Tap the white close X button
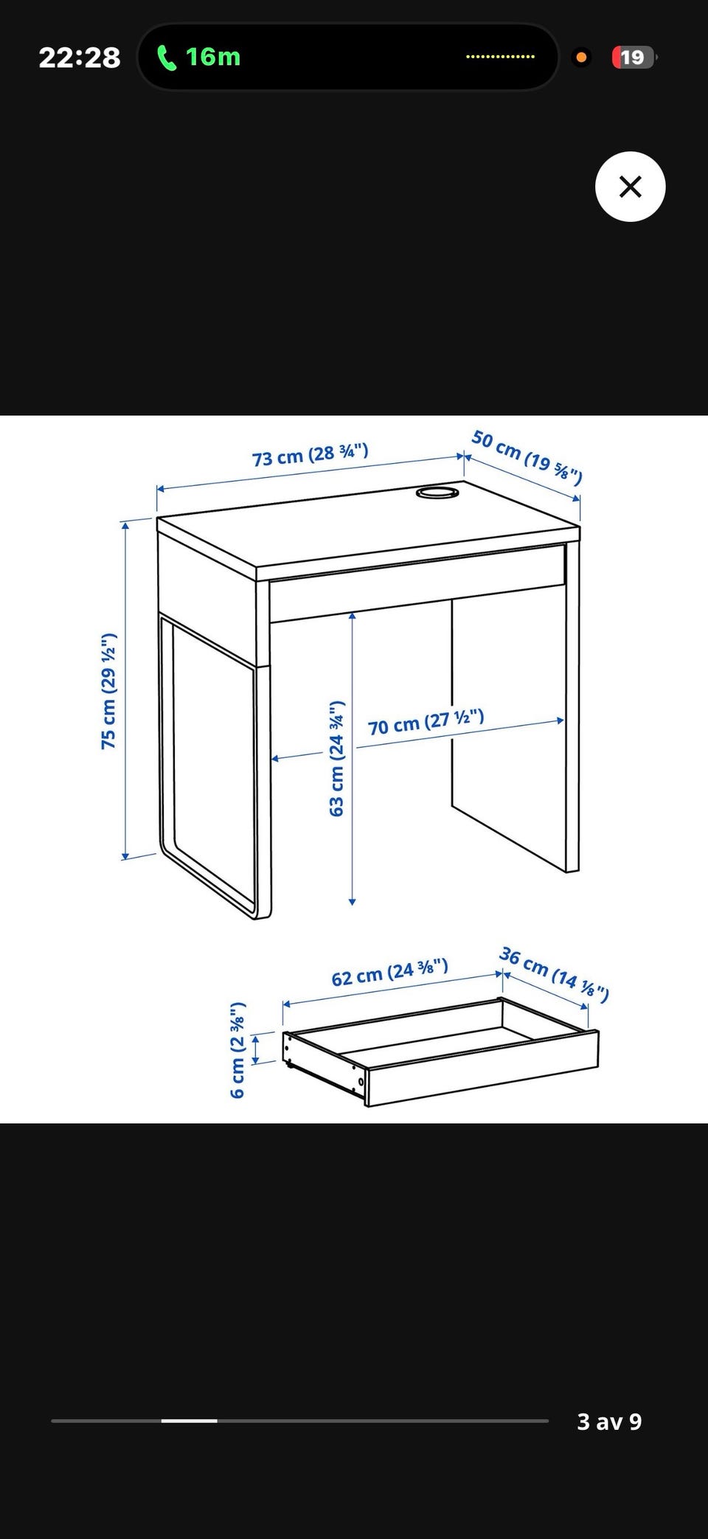pos(630,187)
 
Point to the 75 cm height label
pos(108,691)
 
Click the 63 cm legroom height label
pos(336,758)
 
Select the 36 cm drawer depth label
pos(554,975)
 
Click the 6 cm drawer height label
pos(237,1050)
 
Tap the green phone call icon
pos(167,57)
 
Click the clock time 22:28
pos(79,58)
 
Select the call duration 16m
pos(212,57)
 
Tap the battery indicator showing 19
pos(633,58)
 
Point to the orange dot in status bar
pos(581,58)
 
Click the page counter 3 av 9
pos(609,1421)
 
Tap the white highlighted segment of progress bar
pos(189,1420)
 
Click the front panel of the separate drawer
pos(482,1068)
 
